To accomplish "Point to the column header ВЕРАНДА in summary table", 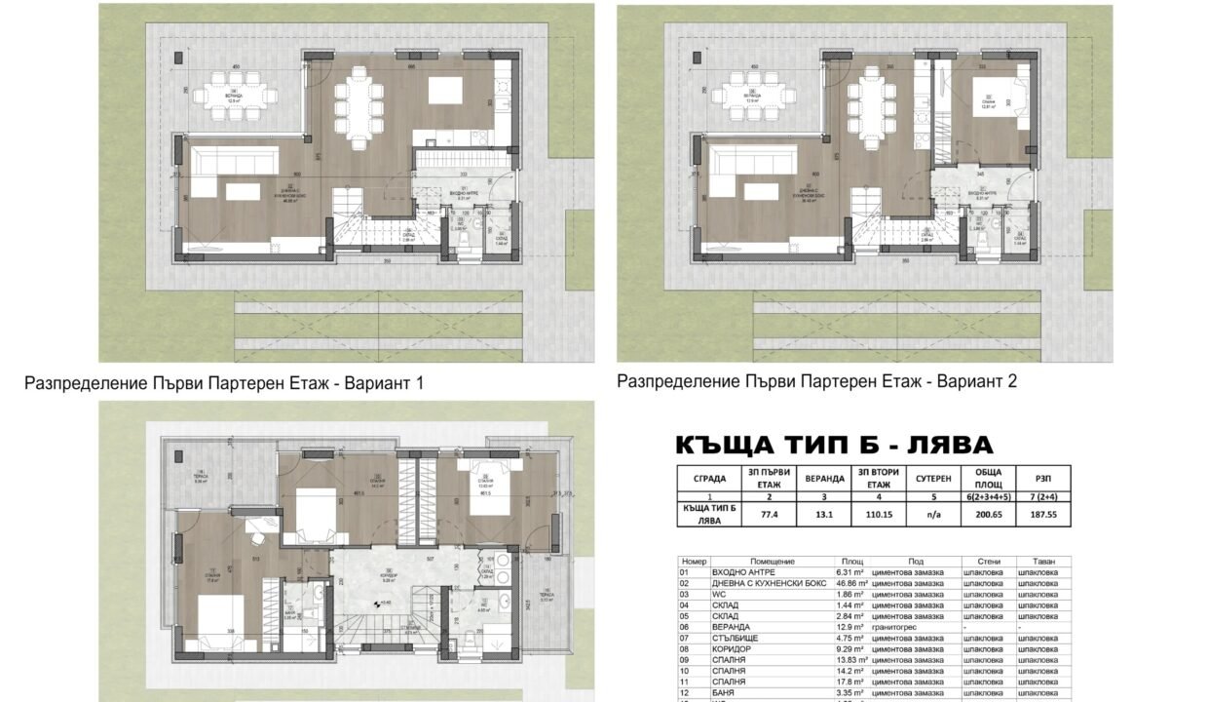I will (825, 479).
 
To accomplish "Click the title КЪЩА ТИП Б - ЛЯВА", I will (834, 446).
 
